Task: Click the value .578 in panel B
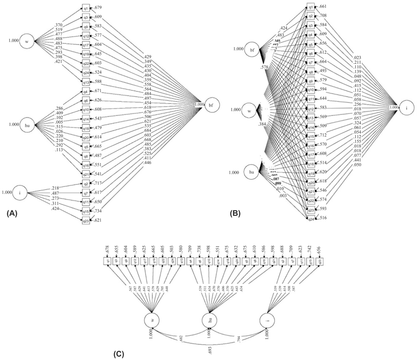265,68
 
